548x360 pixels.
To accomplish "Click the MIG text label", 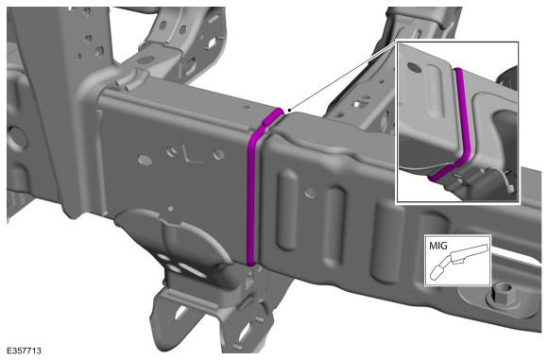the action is [x=437, y=246].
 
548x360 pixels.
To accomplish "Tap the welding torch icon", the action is [x=458, y=261].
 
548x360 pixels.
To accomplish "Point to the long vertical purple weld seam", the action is [x=252, y=196].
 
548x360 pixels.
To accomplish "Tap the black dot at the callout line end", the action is [x=289, y=111].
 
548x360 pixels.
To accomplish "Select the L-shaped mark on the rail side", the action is [x=192, y=155].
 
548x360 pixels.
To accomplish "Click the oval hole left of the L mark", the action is [x=145, y=160].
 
